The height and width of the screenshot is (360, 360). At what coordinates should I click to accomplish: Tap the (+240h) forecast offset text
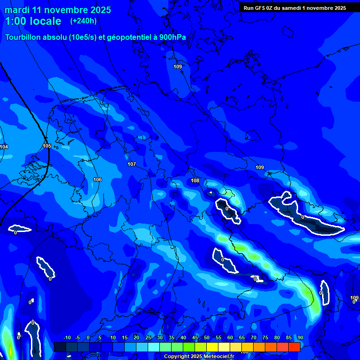pyautogui.click(x=83, y=21)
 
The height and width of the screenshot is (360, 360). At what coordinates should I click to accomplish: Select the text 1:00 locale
pyautogui.click(x=33, y=21)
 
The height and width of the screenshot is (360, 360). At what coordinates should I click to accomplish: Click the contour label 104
pyautogui.click(x=4, y=147)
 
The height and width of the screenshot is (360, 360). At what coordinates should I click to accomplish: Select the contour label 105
pyautogui.click(x=47, y=146)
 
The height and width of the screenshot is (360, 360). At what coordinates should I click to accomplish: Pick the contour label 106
pyautogui.click(x=97, y=180)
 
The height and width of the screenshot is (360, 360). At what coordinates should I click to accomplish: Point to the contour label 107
pyautogui.click(x=132, y=164)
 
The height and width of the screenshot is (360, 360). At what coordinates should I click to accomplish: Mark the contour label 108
pyautogui.click(x=195, y=180)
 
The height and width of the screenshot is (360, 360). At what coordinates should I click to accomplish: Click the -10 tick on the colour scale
pyautogui.click(x=67, y=338)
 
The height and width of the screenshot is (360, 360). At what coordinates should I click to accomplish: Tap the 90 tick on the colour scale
pyautogui.click(x=300, y=338)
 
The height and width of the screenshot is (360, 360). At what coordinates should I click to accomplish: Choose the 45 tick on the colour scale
pyautogui.click(x=195, y=338)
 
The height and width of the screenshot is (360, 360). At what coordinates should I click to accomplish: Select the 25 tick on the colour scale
pyautogui.click(x=148, y=338)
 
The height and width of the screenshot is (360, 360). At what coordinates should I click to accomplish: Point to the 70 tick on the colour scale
pyautogui.click(x=253, y=338)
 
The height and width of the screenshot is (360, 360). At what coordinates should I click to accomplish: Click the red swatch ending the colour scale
pyautogui.click(x=294, y=347)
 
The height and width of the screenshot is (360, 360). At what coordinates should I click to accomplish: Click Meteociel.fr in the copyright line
pyautogui.click(x=219, y=357)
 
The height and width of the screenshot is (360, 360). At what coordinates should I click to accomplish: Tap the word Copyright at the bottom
pyautogui.click(x=176, y=357)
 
